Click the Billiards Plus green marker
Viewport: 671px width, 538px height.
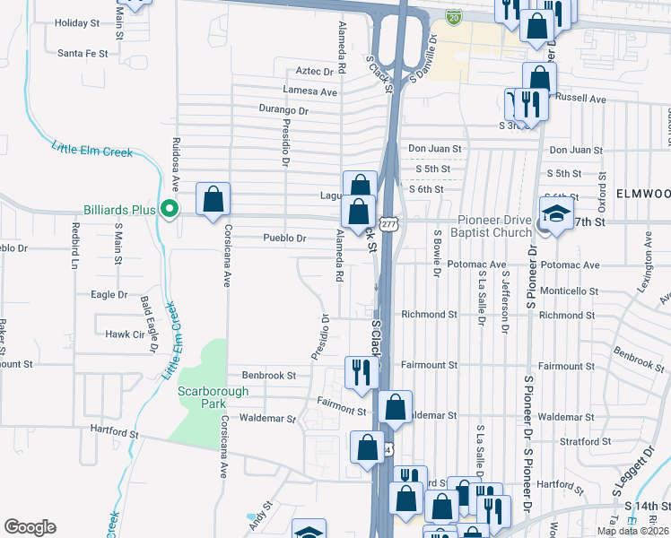[168, 210]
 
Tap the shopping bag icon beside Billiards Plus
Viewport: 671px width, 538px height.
[213, 199]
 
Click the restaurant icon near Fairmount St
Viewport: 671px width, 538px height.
[361, 372]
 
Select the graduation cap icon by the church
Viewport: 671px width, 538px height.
[556, 213]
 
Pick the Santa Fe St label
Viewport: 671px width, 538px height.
[83, 53]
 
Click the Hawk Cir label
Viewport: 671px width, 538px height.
[125, 334]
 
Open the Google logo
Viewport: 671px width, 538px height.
[30, 527]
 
